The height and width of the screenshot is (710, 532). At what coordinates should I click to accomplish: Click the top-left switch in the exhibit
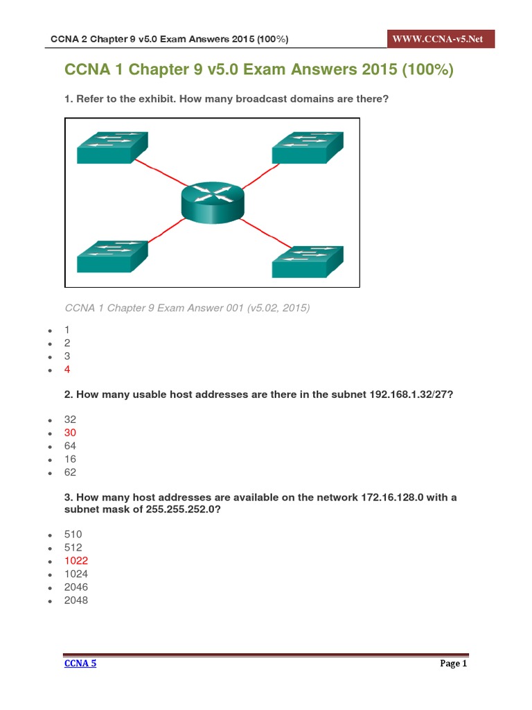point(112,148)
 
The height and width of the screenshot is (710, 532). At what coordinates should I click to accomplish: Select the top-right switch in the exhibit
point(308,148)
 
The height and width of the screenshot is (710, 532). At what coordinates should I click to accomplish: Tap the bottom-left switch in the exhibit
point(112,257)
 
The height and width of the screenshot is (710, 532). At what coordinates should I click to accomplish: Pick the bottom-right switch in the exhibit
point(308,262)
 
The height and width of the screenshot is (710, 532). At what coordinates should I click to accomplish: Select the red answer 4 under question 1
point(67,370)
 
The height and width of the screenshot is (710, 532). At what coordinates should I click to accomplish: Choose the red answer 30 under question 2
point(70,433)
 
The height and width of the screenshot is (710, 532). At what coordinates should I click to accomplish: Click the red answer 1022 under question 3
point(76,560)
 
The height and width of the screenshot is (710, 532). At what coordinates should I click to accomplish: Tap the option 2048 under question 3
point(76,600)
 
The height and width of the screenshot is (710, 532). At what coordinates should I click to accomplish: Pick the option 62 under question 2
point(70,472)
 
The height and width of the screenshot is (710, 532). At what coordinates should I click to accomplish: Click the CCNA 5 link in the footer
point(80,663)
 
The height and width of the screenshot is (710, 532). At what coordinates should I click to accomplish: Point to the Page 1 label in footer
point(454,664)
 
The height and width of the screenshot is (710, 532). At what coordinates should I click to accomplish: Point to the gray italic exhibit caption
point(187,307)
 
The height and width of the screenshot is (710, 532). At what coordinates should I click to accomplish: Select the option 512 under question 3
point(73,547)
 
